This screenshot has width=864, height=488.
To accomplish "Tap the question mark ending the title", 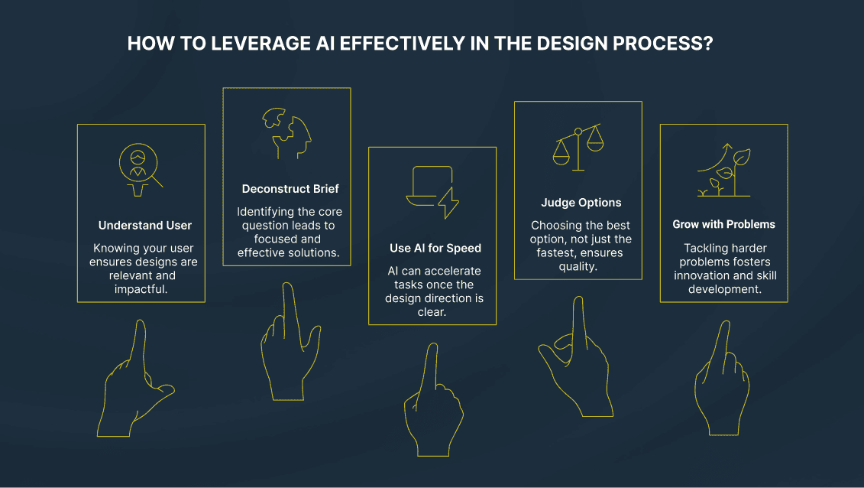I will (x=708, y=44).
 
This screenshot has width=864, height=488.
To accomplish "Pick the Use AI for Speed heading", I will (x=432, y=249).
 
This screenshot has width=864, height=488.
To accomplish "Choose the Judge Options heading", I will (x=578, y=203).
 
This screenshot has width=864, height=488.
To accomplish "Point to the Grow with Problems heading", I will (x=723, y=225).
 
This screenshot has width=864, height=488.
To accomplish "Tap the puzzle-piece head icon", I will (x=286, y=135).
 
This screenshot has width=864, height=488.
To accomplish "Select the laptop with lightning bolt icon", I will (x=432, y=193).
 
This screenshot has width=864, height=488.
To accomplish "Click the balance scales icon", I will (x=578, y=148).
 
